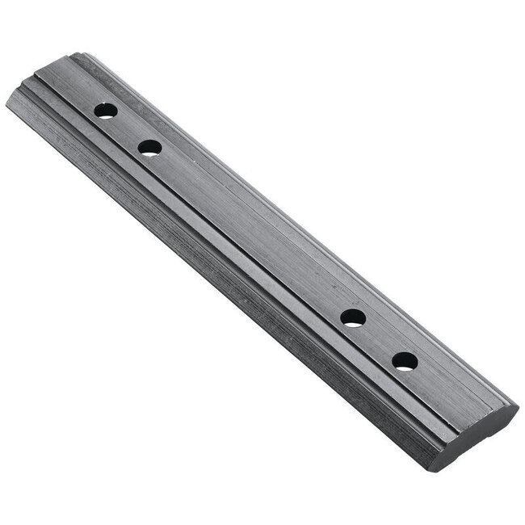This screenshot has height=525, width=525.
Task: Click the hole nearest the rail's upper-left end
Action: pyautogui.click(x=106, y=111)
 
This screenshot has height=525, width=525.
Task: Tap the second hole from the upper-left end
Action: pyautogui.click(x=150, y=148)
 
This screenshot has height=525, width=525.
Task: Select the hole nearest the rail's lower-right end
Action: pyautogui.click(x=405, y=361)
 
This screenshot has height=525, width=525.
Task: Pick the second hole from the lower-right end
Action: pyautogui.click(x=353, y=317)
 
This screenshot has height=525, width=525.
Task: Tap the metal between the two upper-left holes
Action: pyautogui.click(x=128, y=129)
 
